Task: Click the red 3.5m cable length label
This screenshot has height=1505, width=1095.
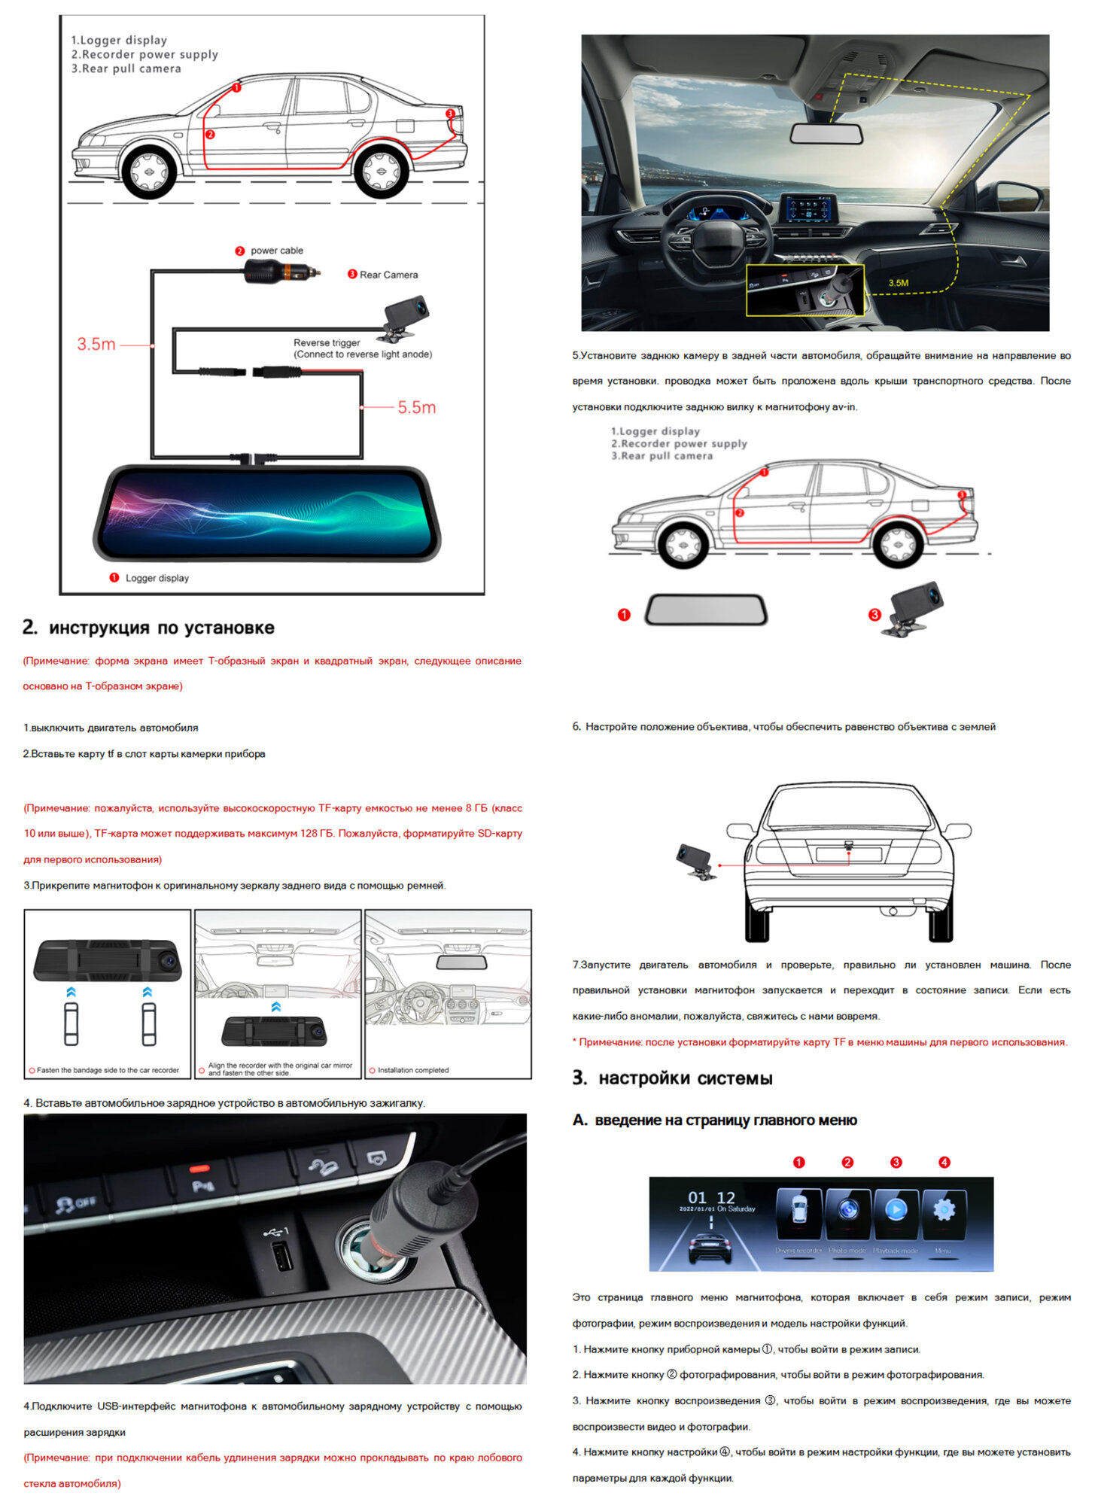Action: pos(96,345)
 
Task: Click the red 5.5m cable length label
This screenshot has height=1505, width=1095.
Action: pos(416,408)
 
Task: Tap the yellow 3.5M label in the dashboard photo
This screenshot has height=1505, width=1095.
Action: pos(898,283)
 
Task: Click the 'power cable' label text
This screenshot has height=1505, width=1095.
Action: pos(277,251)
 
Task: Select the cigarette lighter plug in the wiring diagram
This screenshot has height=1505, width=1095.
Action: pos(281,272)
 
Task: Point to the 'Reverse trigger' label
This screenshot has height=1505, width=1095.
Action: pos(327,342)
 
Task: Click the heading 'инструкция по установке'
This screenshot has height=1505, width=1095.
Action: pos(161,628)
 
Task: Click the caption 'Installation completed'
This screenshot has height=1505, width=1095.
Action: pos(413,1070)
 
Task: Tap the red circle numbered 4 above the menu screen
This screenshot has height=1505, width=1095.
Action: pos(944,1163)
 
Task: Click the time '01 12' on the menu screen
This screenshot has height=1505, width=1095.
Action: pos(711,1197)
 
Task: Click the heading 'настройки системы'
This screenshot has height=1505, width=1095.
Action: pos(685,1078)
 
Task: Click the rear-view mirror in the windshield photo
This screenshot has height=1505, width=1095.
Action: pos(826,134)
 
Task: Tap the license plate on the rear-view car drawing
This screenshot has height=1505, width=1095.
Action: pos(848,854)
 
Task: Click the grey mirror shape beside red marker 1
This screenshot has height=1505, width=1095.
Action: pos(706,610)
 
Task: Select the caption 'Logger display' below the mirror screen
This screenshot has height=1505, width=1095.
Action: pos(157,578)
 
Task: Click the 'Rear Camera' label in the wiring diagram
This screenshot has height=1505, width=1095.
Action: pos(388,275)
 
